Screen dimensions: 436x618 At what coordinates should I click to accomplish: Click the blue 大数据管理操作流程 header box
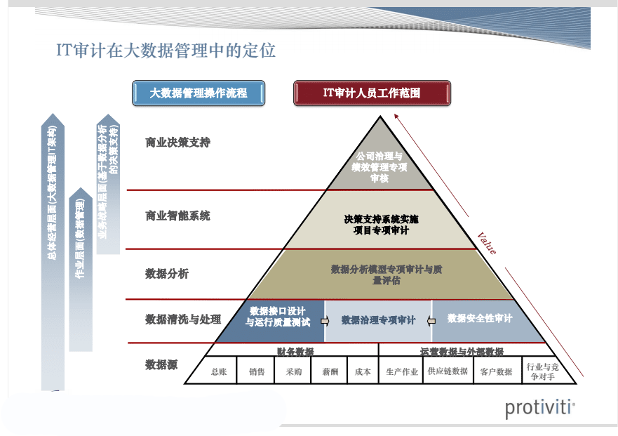point(199,93)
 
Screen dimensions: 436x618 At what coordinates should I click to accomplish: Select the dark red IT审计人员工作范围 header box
point(372,93)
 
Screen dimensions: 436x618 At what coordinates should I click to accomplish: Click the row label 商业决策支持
point(177,143)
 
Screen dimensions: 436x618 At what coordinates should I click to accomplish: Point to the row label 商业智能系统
point(177,216)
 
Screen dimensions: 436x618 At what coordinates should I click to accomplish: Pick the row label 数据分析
point(167,274)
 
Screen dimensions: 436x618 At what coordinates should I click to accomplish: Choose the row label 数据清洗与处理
point(183,319)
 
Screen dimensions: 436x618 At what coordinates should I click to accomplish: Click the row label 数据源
point(161,364)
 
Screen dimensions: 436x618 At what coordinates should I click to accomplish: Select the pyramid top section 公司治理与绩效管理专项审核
point(379,166)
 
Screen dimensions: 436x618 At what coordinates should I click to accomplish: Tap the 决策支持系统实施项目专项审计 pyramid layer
point(380,225)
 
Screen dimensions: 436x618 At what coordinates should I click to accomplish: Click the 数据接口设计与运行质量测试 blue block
point(277,317)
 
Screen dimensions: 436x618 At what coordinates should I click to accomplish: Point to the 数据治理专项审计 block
point(378,320)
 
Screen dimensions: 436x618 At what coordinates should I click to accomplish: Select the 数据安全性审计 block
point(480,319)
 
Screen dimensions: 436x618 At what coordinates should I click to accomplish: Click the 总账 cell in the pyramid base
point(219,372)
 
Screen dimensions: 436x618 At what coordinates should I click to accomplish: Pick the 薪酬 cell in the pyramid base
point(330,372)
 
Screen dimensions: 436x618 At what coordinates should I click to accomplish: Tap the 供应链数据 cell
point(448,371)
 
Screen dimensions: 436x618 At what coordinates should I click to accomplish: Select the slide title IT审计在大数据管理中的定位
point(166,51)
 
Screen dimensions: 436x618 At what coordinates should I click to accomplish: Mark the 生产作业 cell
point(402,372)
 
